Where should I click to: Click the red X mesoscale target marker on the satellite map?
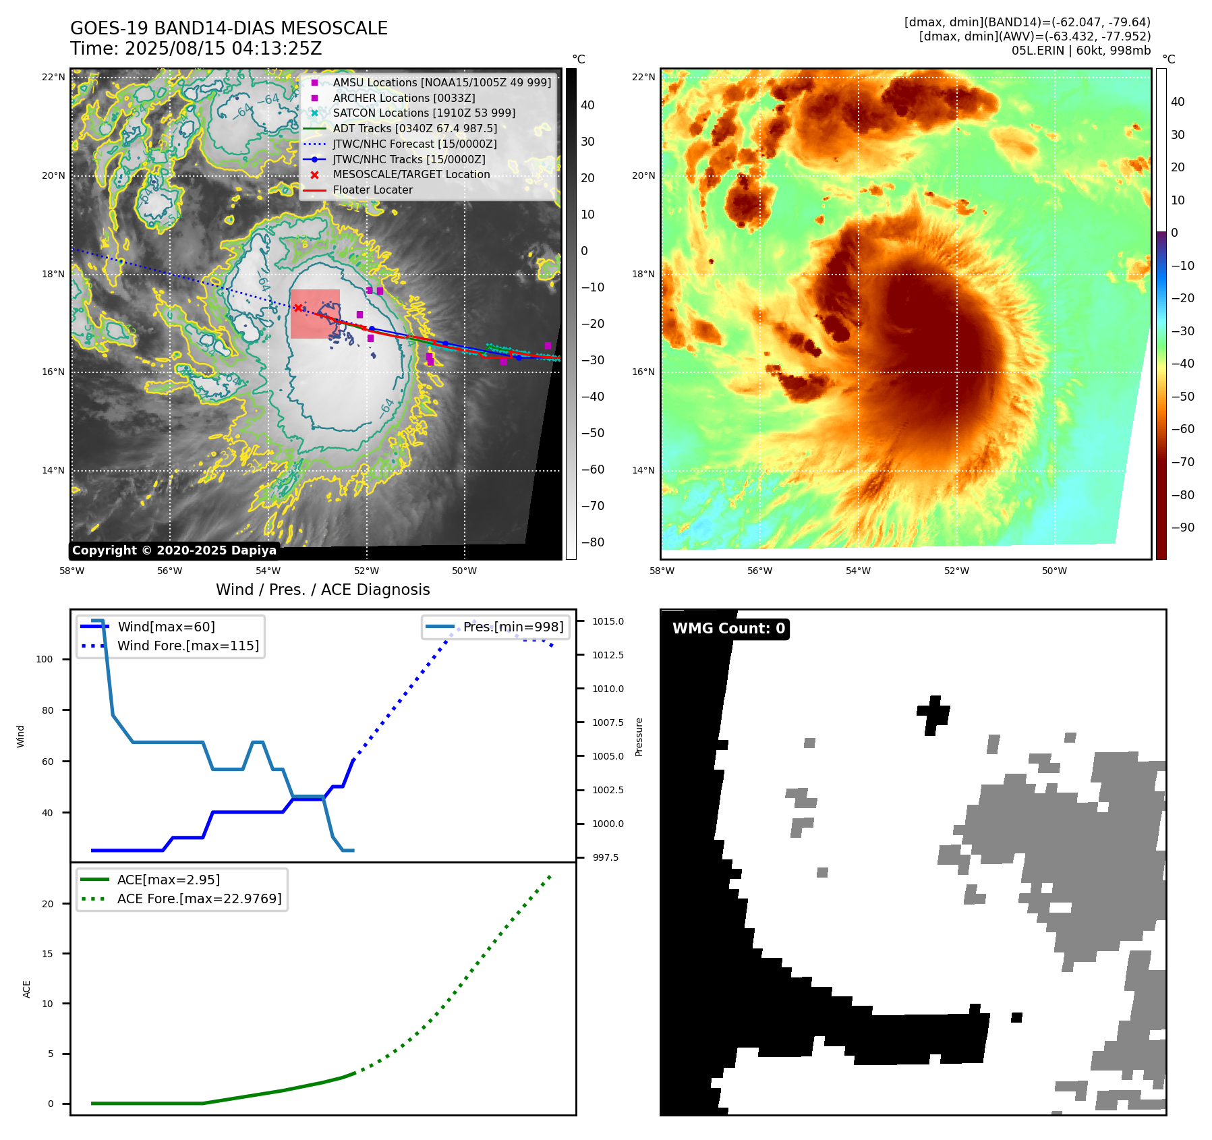point(298,308)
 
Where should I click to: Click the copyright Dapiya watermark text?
point(174,550)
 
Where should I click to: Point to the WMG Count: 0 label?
point(728,629)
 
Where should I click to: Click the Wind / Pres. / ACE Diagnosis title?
point(322,590)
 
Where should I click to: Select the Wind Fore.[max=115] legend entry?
point(187,646)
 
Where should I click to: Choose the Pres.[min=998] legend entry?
point(513,627)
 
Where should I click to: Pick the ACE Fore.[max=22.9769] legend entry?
point(199,899)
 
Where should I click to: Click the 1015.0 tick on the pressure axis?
point(608,621)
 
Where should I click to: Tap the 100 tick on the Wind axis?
point(45,660)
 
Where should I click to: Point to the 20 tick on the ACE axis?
point(48,905)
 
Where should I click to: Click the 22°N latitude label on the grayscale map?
point(54,78)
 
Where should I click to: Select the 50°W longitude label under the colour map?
point(1054,571)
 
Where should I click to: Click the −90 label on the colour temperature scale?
point(1182,528)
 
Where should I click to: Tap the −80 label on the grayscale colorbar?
point(593,542)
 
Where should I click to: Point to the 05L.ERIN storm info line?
point(1080,51)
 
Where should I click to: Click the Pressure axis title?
point(639,737)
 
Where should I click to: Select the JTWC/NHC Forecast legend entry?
point(414,144)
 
